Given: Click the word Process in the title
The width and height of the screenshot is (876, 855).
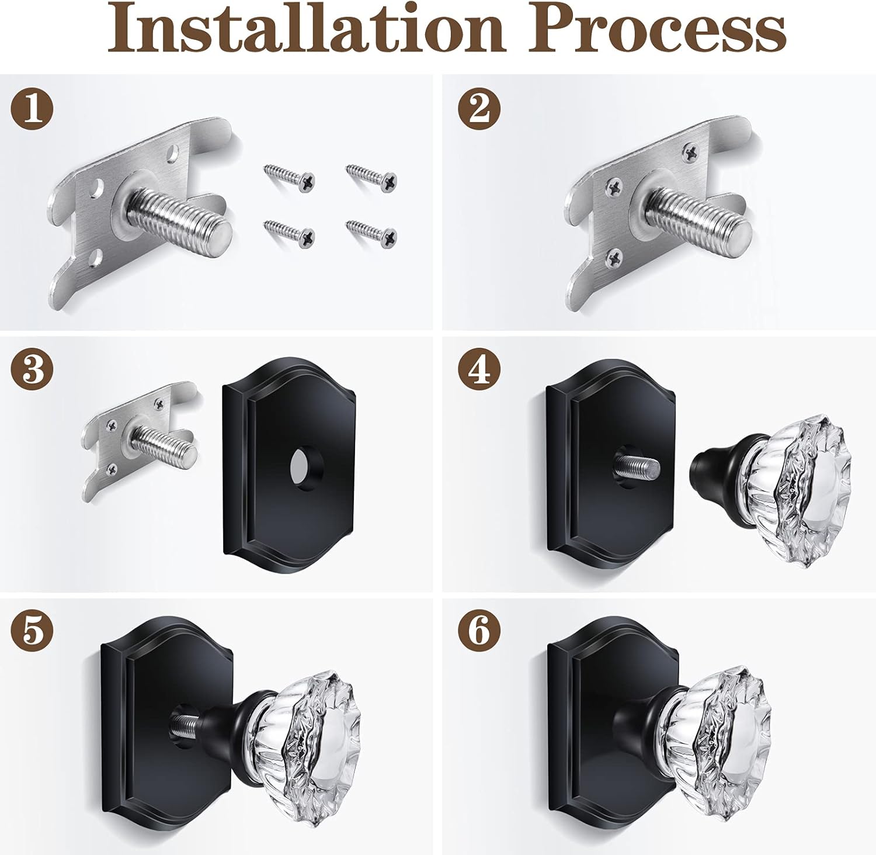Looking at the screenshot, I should point(656,29).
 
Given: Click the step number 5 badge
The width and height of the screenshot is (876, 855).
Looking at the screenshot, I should point(32,633).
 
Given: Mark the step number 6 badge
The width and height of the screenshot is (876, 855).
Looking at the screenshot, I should point(479,633).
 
